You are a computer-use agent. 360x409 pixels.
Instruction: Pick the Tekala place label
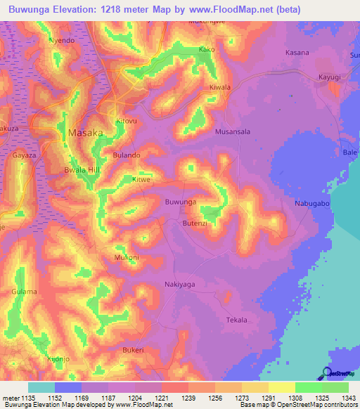(x=237, y=320)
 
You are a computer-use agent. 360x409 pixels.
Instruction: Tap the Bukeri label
(x=133, y=349)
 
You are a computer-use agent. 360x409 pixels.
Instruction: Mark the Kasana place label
(x=297, y=53)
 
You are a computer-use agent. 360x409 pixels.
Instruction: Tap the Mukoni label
(x=127, y=258)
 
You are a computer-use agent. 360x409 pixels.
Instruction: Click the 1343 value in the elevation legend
(x=343, y=397)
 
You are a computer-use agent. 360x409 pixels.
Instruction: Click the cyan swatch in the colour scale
(x=41, y=387)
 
